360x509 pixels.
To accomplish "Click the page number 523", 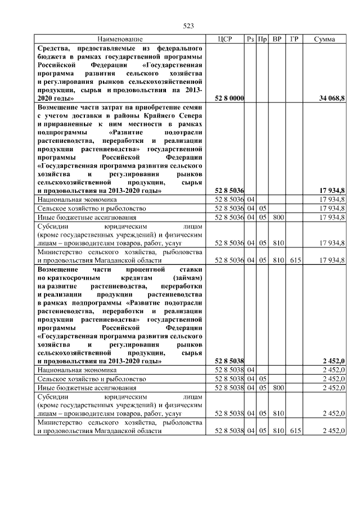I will (188, 26).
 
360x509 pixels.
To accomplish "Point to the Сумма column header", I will (325, 39).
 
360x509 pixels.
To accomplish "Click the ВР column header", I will (277, 39).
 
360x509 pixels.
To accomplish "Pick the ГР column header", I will (294, 39).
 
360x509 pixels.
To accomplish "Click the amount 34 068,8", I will (332, 98).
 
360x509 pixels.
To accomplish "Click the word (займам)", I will (188, 278).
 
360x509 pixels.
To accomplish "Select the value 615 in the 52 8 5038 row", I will (294, 431).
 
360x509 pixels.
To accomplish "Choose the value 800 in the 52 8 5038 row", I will (277, 388).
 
